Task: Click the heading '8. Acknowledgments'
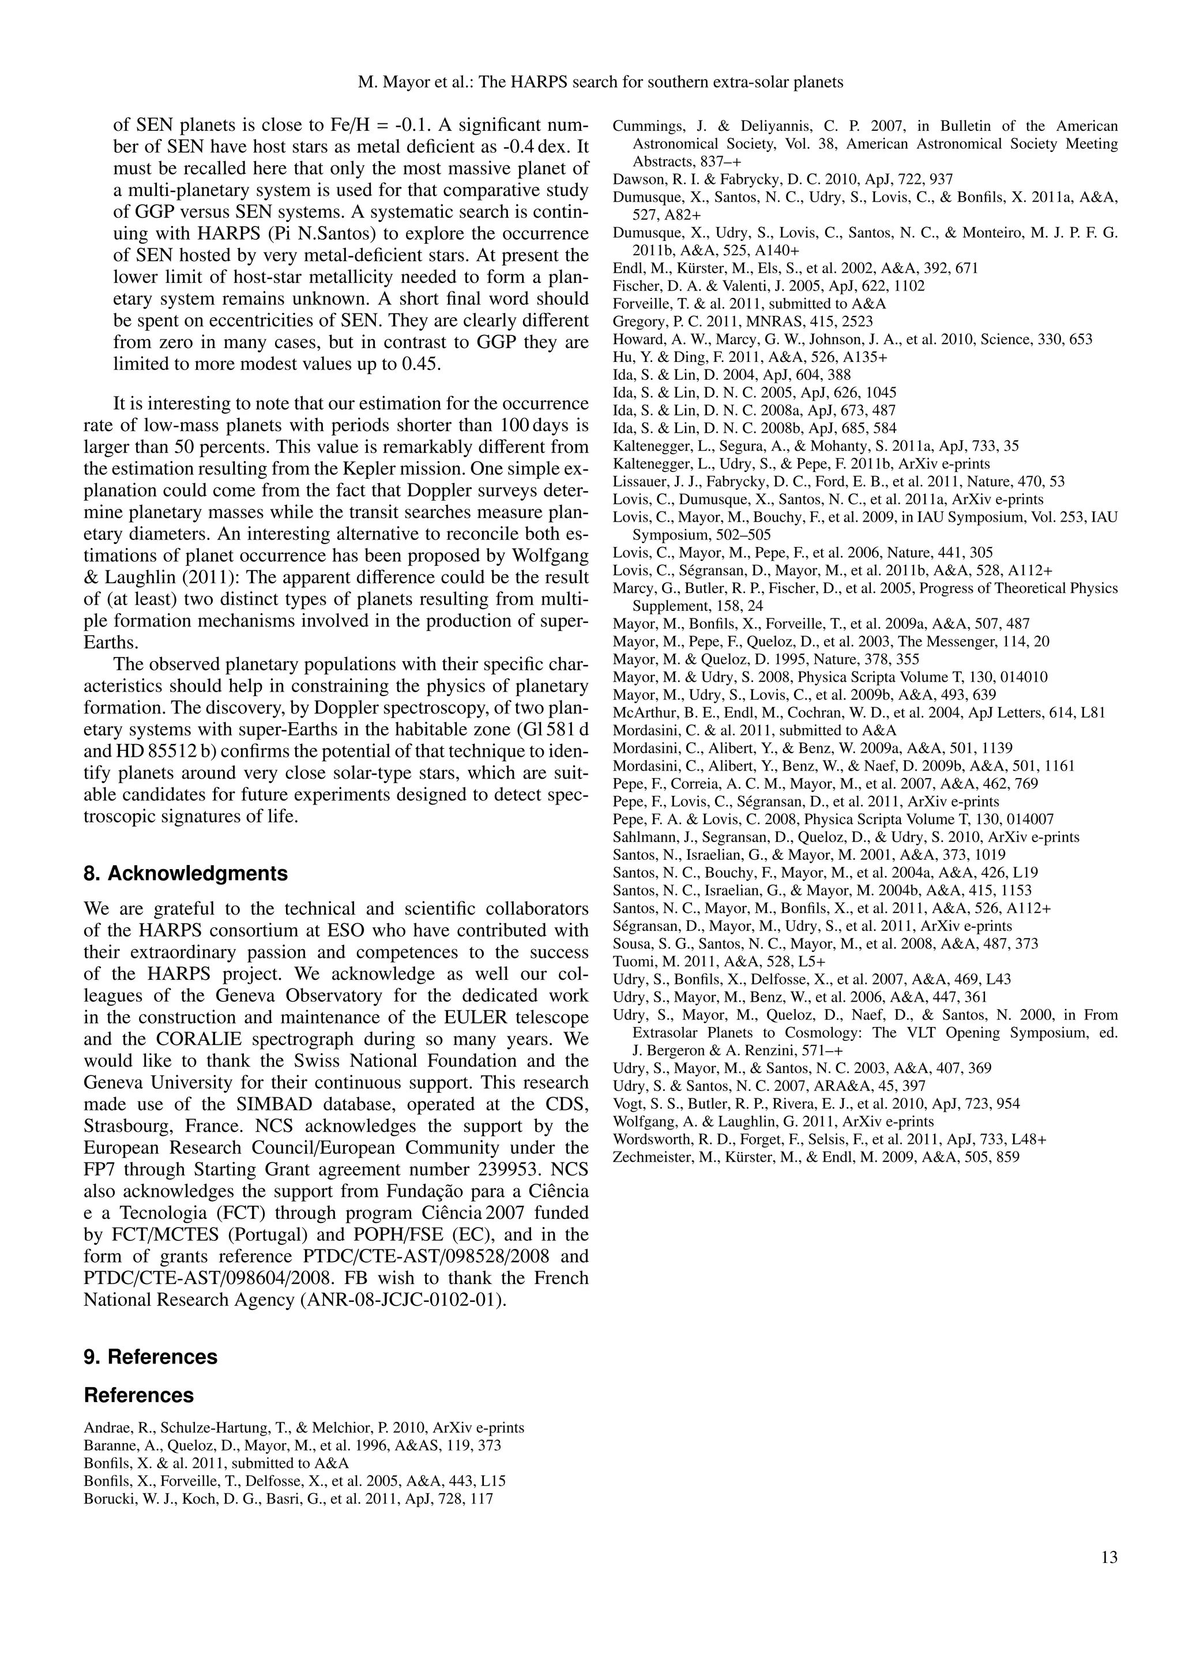(186, 873)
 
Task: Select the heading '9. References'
(151, 1357)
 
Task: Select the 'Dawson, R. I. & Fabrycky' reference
(783, 179)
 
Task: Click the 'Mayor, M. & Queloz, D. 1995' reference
(766, 659)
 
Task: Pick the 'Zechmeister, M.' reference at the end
(815, 1157)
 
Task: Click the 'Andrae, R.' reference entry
(304, 1447)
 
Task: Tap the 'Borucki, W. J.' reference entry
(288, 1519)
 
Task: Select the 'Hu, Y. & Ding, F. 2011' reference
(750, 357)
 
